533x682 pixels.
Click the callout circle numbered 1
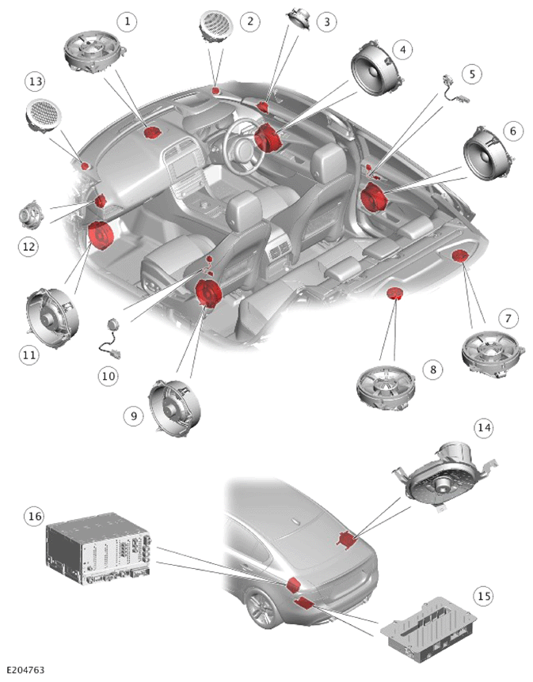128,21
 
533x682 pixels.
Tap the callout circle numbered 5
472,74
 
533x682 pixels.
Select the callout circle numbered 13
36,81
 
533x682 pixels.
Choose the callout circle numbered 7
508,318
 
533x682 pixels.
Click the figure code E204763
25,670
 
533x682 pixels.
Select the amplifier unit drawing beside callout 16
98,549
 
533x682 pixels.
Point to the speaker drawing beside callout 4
377,68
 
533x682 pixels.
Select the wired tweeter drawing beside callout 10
111,339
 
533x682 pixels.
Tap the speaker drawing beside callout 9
174,407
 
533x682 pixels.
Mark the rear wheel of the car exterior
263,609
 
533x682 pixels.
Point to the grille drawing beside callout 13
44,116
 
